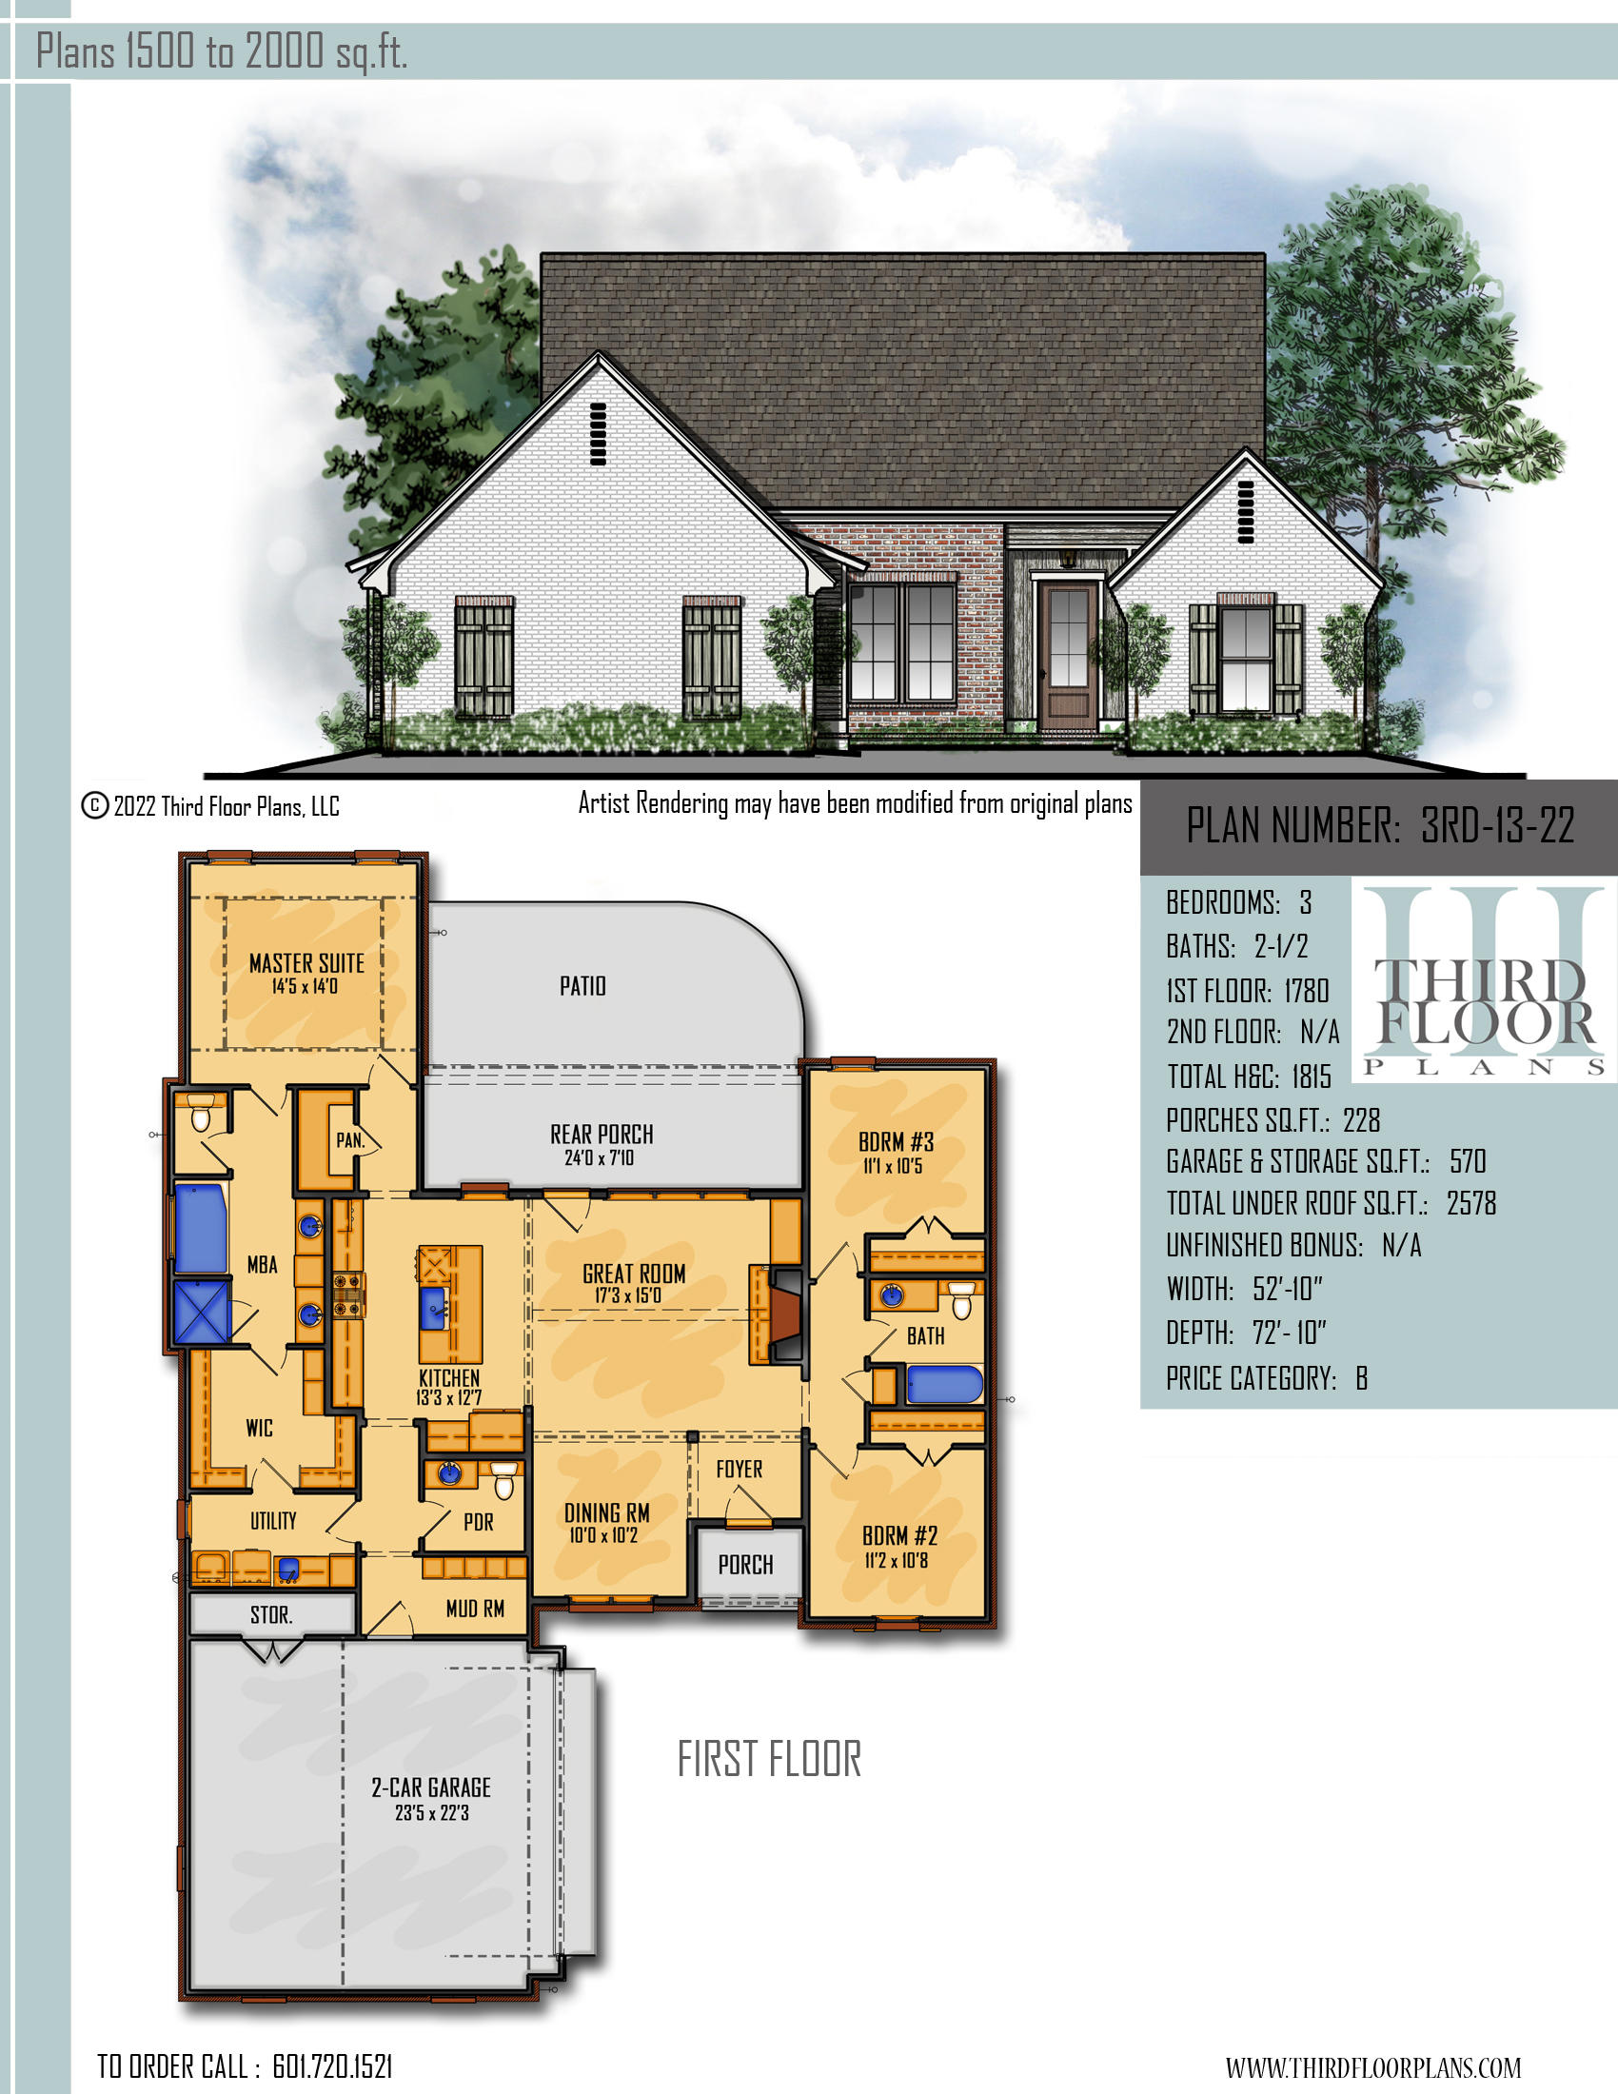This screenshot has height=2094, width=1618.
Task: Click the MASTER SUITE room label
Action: click(306, 962)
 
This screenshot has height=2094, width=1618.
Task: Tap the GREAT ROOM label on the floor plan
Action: click(634, 1274)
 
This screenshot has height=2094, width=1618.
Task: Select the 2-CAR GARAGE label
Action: click(431, 1788)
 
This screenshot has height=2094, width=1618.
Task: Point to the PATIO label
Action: click(582, 986)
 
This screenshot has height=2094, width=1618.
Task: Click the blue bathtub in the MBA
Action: click(200, 1228)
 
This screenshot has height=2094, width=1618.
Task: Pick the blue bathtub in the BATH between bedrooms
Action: click(945, 1385)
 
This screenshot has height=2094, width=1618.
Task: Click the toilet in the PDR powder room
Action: click(504, 1480)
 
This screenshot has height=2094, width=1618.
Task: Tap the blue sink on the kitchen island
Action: click(433, 1306)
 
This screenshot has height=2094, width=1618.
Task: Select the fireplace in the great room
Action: click(779, 1314)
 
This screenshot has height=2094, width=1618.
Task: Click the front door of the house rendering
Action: click(1069, 658)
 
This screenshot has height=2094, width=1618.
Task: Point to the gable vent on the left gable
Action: click(598, 433)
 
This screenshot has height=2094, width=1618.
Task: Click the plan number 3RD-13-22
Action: click(1497, 825)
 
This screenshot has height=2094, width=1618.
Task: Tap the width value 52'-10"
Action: click(1288, 1289)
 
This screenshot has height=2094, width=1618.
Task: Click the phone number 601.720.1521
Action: click(332, 2065)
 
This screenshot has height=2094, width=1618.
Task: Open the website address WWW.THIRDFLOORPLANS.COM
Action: click(1372, 2067)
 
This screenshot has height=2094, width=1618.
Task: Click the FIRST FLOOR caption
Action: click(770, 1758)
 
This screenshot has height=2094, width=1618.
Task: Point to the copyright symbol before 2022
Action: click(94, 805)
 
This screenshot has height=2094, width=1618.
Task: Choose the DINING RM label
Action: click(607, 1513)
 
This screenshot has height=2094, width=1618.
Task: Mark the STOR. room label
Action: click(271, 1614)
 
